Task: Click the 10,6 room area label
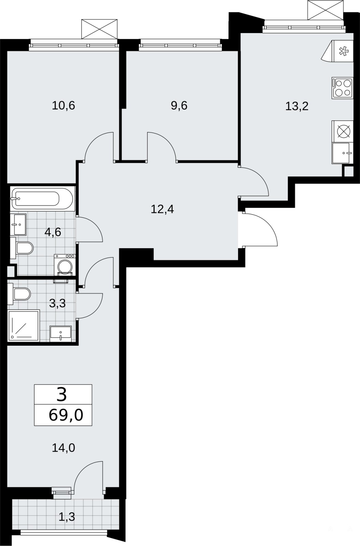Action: coord(64,106)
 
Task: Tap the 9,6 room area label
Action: coord(179,106)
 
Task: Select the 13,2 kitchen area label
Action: coord(297,106)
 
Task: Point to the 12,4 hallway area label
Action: coord(162,210)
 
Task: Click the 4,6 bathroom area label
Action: coord(53,232)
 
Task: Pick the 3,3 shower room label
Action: coord(57,303)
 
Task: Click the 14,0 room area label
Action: coord(64,448)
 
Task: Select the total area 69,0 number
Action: coord(66,415)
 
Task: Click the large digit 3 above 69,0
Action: coord(62,395)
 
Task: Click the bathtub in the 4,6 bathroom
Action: coord(42,198)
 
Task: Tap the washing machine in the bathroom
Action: coord(65,265)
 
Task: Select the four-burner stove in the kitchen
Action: coord(342,88)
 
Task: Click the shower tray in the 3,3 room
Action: coord(24,326)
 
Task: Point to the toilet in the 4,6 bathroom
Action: coord(22,248)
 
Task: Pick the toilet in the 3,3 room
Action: coord(19,294)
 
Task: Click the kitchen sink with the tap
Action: coord(342,153)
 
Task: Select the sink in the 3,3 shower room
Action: coord(60,334)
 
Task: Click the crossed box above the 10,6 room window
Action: coord(99,29)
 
